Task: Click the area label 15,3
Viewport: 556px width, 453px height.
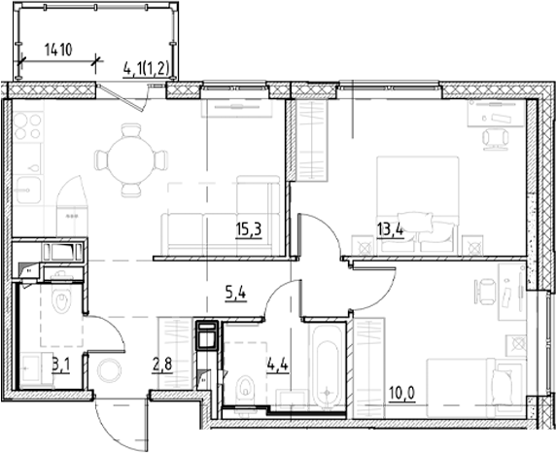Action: click(x=247, y=230)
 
